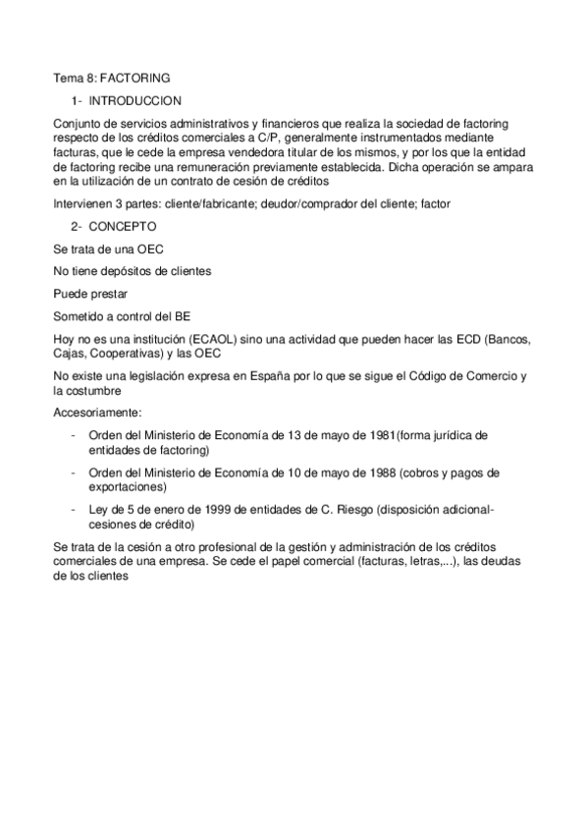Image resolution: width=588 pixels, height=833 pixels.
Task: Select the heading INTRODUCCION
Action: (134, 101)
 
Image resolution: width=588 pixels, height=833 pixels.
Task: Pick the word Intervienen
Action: (84, 203)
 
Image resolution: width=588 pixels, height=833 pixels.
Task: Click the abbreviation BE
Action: (183, 316)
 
